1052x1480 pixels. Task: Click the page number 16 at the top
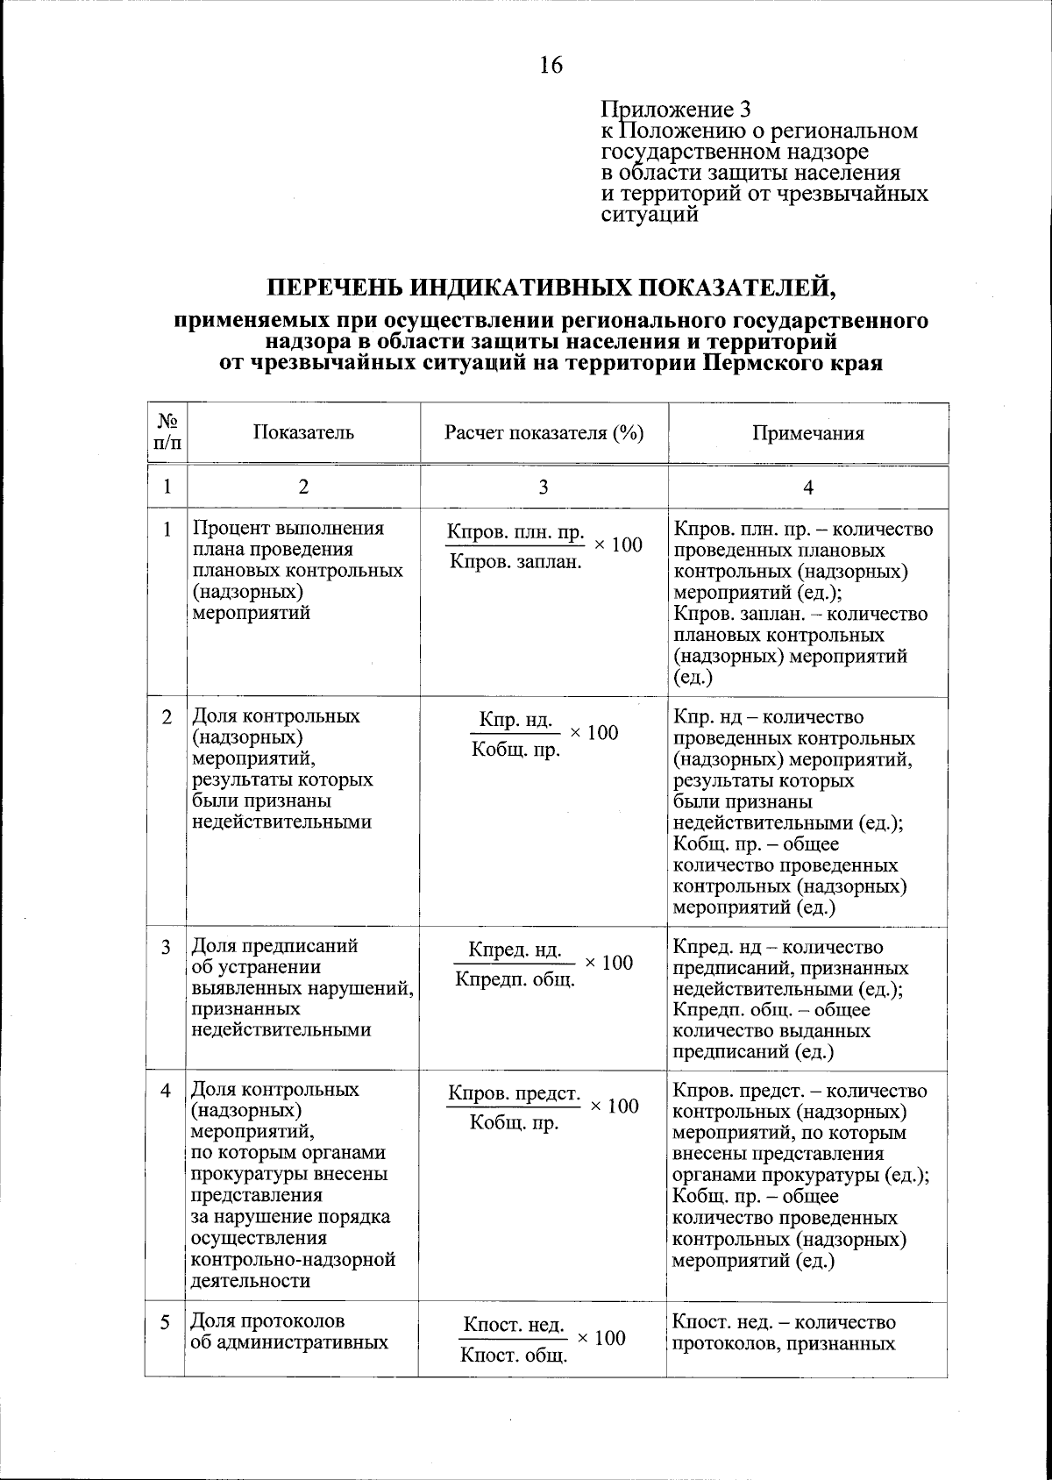point(551,65)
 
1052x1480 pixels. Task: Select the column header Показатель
point(303,432)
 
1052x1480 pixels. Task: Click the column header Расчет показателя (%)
point(544,432)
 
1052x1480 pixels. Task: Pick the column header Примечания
point(807,433)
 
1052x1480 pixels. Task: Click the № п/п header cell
point(167,432)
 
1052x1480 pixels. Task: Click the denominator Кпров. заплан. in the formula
point(515,560)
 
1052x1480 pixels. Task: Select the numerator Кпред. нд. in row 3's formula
point(515,950)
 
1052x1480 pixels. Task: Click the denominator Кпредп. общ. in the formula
point(515,978)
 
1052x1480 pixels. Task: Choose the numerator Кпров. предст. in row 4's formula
point(514,1093)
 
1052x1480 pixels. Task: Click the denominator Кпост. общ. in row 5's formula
point(515,1357)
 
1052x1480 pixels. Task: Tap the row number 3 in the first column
point(167,948)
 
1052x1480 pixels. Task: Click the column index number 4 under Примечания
point(808,487)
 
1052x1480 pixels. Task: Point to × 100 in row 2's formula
point(594,733)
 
